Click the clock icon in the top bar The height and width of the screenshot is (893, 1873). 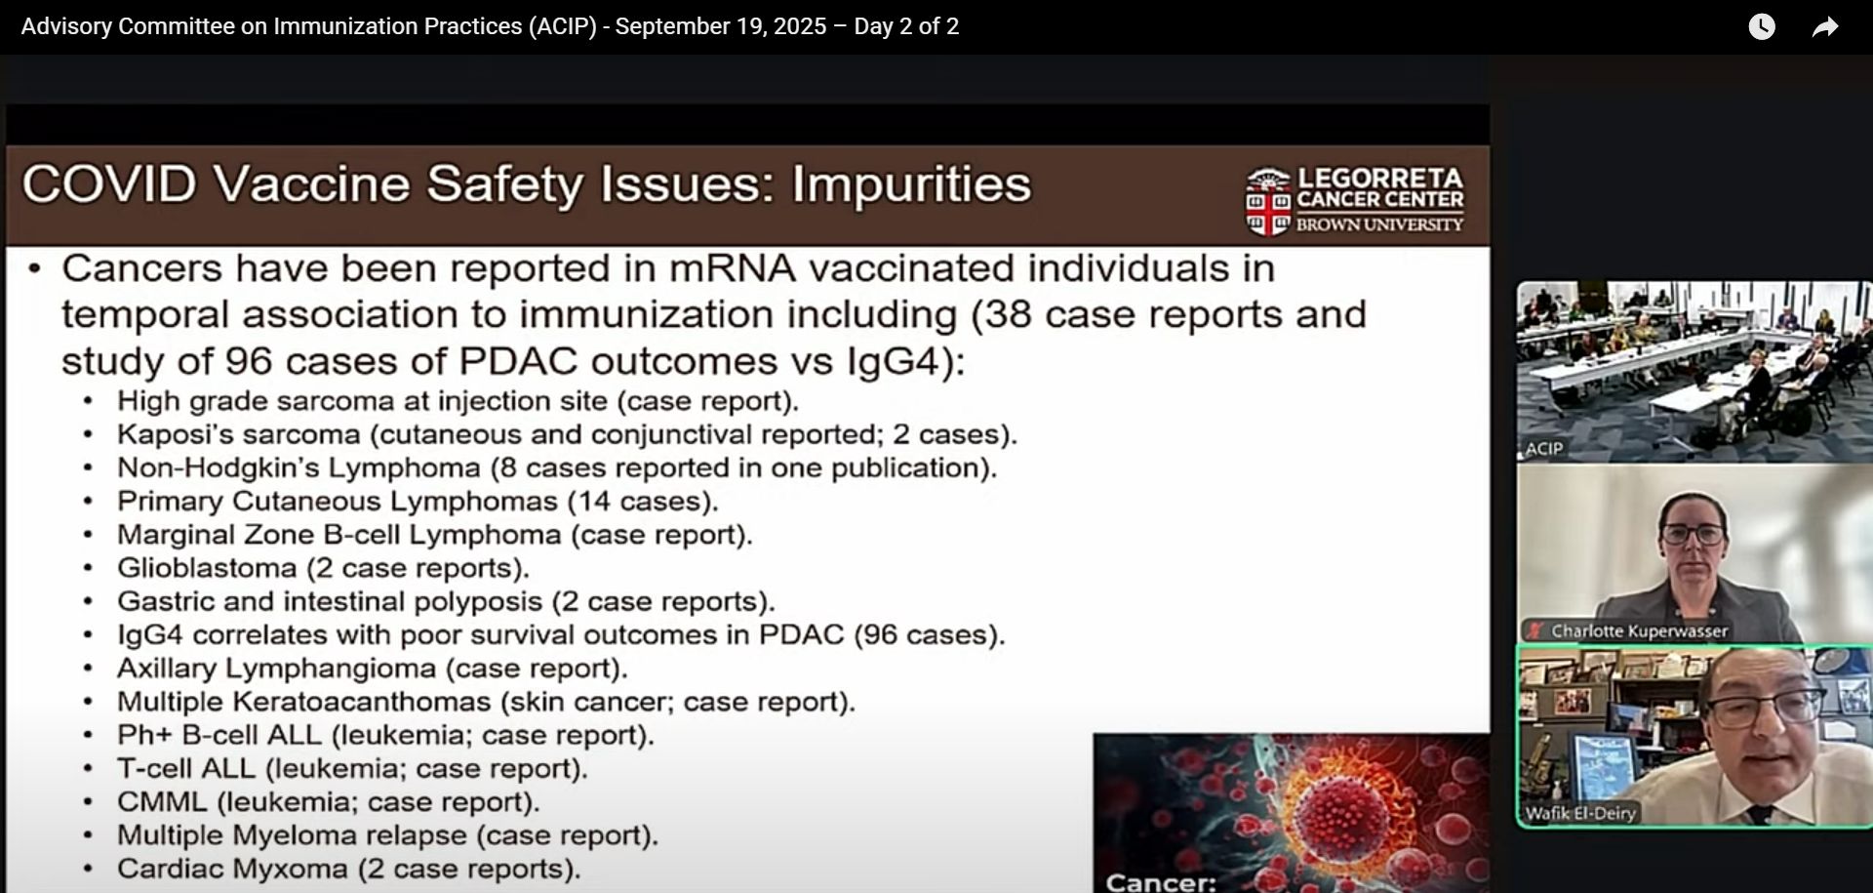pyautogui.click(x=1762, y=26)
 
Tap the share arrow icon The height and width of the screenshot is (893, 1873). pyautogui.click(x=1825, y=27)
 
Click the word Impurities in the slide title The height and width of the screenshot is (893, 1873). pyautogui.click(x=911, y=184)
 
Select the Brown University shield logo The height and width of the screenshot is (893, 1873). pyautogui.click(x=1268, y=202)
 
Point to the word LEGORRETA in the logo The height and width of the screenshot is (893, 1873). pyautogui.click(x=1380, y=179)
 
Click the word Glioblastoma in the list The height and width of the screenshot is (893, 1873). pyautogui.click(x=207, y=568)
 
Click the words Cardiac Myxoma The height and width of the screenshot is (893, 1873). pyautogui.click(x=232, y=869)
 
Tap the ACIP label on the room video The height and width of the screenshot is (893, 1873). pyautogui.click(x=1544, y=449)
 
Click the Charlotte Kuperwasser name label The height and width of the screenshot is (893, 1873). pyautogui.click(x=1640, y=631)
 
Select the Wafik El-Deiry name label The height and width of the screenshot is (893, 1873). pyautogui.click(x=1580, y=813)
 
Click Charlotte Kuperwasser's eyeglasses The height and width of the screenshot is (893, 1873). pyautogui.click(x=1694, y=534)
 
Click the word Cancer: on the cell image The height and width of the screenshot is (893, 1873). pyautogui.click(x=1161, y=882)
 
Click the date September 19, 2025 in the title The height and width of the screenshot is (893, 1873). pyautogui.click(x=721, y=26)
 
